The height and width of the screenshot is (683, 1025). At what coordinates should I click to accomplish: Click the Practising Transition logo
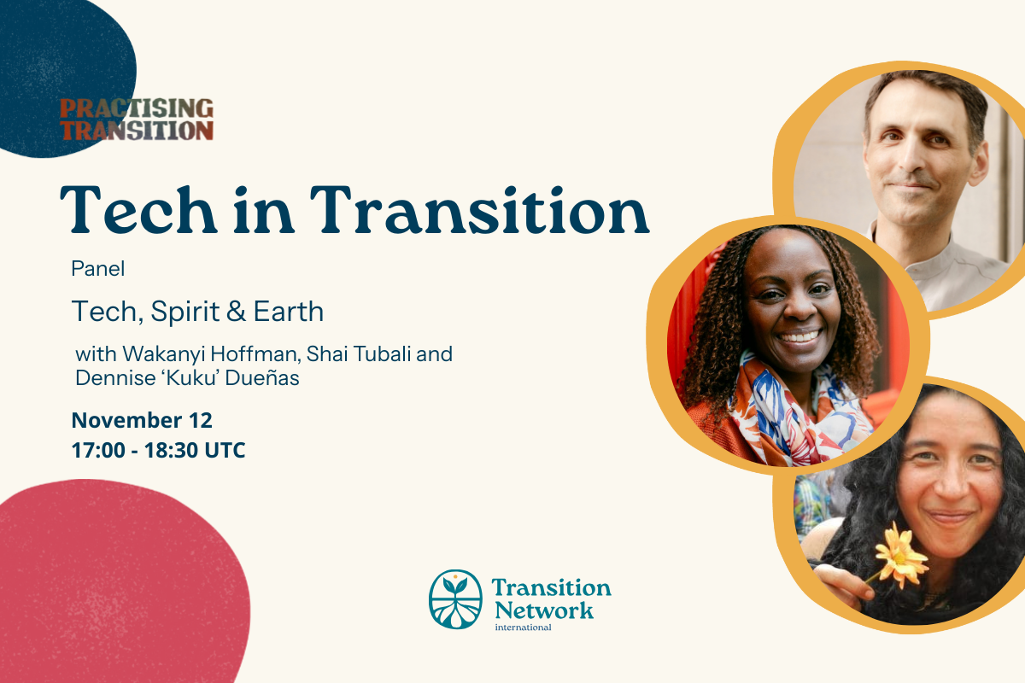click(137, 120)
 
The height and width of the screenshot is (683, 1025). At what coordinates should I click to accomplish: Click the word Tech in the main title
click(138, 210)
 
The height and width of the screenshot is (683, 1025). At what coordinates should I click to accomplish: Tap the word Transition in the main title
click(479, 210)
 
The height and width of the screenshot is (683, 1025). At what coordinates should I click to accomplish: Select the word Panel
click(98, 269)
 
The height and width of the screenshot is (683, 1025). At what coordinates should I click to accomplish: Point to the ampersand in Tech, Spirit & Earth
click(236, 312)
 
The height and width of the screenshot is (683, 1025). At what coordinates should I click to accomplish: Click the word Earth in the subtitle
click(289, 312)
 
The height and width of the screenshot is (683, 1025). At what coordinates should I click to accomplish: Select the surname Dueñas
click(262, 378)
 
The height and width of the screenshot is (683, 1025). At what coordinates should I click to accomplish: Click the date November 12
click(142, 420)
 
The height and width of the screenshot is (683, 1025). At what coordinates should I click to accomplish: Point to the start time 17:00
click(98, 450)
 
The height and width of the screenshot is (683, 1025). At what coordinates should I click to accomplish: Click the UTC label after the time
click(225, 450)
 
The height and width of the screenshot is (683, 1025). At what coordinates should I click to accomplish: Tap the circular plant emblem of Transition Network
click(455, 599)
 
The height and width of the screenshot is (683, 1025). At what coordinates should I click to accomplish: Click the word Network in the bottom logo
click(544, 610)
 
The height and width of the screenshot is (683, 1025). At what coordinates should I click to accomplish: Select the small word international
click(523, 628)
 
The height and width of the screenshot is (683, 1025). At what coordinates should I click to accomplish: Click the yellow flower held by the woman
click(900, 556)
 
